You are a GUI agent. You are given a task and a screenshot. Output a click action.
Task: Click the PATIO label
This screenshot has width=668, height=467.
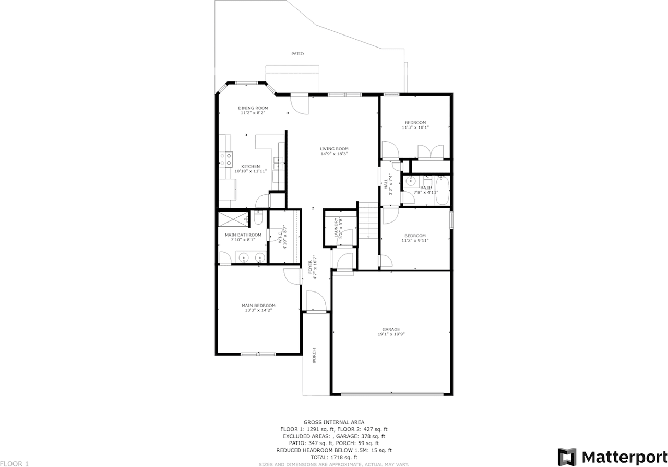[x=297, y=54]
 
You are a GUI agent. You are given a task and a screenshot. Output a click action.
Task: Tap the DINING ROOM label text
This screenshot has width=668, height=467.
[x=253, y=108]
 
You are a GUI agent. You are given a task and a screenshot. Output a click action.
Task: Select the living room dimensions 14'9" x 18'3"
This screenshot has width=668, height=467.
[x=334, y=154]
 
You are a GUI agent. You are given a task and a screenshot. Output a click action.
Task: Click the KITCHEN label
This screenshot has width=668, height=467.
[x=250, y=166]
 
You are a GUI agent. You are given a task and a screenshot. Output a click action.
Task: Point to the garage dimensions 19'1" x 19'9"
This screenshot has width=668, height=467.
[x=391, y=334]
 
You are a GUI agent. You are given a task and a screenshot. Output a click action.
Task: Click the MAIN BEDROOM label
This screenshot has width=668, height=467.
[x=258, y=306]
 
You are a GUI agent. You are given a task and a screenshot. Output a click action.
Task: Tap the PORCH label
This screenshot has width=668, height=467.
[x=314, y=355]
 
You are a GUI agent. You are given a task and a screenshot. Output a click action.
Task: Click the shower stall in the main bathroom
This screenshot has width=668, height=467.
[x=233, y=218]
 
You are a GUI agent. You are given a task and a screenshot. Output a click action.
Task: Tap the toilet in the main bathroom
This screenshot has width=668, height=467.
[x=258, y=217]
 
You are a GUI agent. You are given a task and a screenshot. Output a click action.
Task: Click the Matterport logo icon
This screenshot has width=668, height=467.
[x=567, y=457]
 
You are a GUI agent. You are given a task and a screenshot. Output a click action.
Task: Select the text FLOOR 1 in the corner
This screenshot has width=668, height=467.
[x=15, y=463]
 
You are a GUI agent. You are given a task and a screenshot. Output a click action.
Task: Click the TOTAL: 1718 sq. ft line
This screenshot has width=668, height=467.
[x=334, y=457]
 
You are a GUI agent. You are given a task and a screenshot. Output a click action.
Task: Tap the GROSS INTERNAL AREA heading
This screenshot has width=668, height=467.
[x=334, y=422]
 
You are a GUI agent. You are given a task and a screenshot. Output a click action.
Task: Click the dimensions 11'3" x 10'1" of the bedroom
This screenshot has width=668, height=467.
[x=415, y=127]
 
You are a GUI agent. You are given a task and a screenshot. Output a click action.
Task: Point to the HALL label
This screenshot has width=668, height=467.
[x=386, y=184]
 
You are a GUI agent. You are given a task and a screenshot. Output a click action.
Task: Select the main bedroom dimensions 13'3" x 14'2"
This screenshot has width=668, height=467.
[x=258, y=310]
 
